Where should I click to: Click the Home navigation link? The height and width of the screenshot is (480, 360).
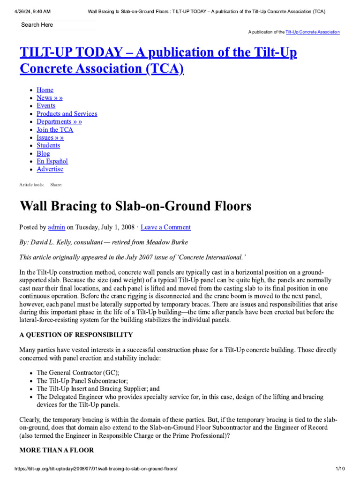(x=45, y=90)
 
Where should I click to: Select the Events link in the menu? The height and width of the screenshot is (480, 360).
(x=46, y=105)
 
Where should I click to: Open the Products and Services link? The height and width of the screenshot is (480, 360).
(x=67, y=113)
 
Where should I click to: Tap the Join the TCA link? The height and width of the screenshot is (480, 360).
(x=55, y=129)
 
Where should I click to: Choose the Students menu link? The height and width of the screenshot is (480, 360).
(x=48, y=145)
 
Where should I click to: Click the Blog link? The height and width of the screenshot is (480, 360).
(x=43, y=153)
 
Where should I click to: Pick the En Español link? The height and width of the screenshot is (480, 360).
(x=52, y=161)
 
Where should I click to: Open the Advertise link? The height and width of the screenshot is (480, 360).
(x=50, y=169)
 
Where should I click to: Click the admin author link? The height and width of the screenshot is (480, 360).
(x=56, y=227)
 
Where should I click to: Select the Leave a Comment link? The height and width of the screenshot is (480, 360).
(x=165, y=227)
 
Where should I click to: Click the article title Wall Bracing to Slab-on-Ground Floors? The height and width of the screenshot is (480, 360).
(x=135, y=206)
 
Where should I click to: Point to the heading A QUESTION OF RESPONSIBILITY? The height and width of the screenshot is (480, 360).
(x=76, y=335)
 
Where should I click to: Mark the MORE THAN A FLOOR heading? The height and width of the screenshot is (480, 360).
(x=56, y=450)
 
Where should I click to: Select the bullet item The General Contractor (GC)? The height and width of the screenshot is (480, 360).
(x=78, y=373)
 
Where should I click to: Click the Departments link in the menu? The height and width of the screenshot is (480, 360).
(x=59, y=121)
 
